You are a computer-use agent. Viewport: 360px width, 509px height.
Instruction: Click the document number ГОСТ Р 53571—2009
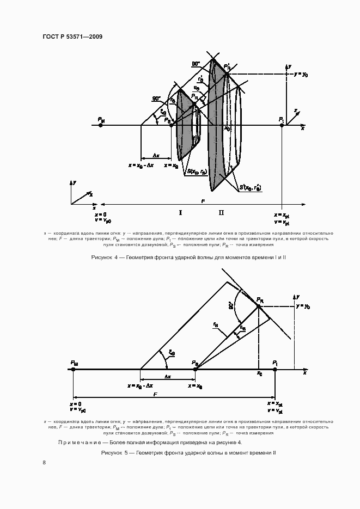72,37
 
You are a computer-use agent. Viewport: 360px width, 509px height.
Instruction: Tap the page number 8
44,462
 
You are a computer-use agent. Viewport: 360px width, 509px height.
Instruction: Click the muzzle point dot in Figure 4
101,125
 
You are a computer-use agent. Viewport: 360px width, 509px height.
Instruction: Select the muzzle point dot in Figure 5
74,369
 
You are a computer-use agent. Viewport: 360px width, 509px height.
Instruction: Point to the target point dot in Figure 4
282,125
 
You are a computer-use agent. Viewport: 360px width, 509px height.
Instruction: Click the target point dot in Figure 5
275,369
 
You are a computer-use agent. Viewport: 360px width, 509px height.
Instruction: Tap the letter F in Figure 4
203,201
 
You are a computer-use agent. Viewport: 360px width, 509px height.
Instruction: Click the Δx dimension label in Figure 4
156,155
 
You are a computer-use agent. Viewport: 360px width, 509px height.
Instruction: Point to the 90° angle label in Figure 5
232,306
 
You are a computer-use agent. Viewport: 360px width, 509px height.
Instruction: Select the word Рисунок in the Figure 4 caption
102,256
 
